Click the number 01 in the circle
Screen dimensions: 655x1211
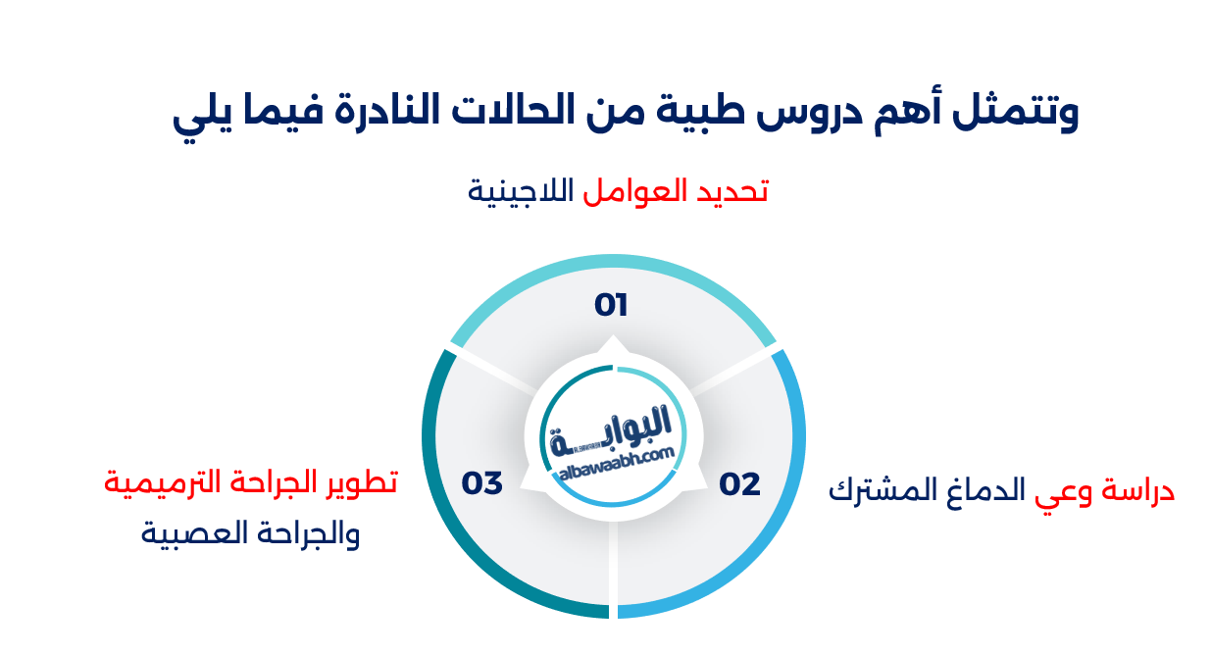click(x=611, y=306)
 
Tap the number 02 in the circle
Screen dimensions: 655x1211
click(x=739, y=484)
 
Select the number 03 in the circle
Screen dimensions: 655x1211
click(x=482, y=483)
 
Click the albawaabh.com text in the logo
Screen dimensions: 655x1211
click(x=616, y=464)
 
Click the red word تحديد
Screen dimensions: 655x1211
click(x=731, y=191)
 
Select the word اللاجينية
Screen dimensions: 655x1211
click(x=521, y=191)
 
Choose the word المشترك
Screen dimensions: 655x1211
click(x=877, y=490)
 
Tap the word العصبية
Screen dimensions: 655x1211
click(x=188, y=535)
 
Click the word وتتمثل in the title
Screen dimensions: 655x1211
click(x=1020, y=114)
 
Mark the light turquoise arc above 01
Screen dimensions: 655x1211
click(x=614, y=262)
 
